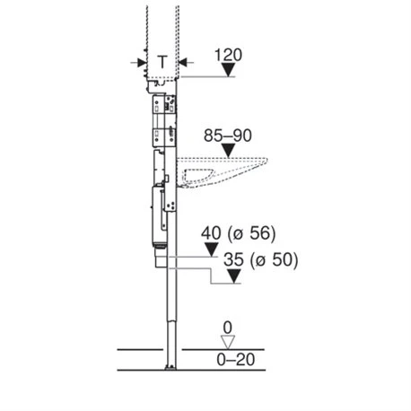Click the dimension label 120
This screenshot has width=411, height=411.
point(228,56)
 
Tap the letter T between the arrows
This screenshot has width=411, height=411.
point(162,62)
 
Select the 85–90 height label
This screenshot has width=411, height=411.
point(228,136)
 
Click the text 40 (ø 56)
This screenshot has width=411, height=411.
point(238,233)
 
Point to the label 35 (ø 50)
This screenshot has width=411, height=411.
point(261,259)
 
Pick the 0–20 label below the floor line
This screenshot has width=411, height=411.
point(236,360)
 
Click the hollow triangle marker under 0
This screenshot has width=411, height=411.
point(228,342)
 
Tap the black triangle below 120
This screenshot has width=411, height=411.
point(229,70)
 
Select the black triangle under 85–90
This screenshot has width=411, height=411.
point(228,151)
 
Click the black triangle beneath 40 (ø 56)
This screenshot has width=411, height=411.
point(212,249)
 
